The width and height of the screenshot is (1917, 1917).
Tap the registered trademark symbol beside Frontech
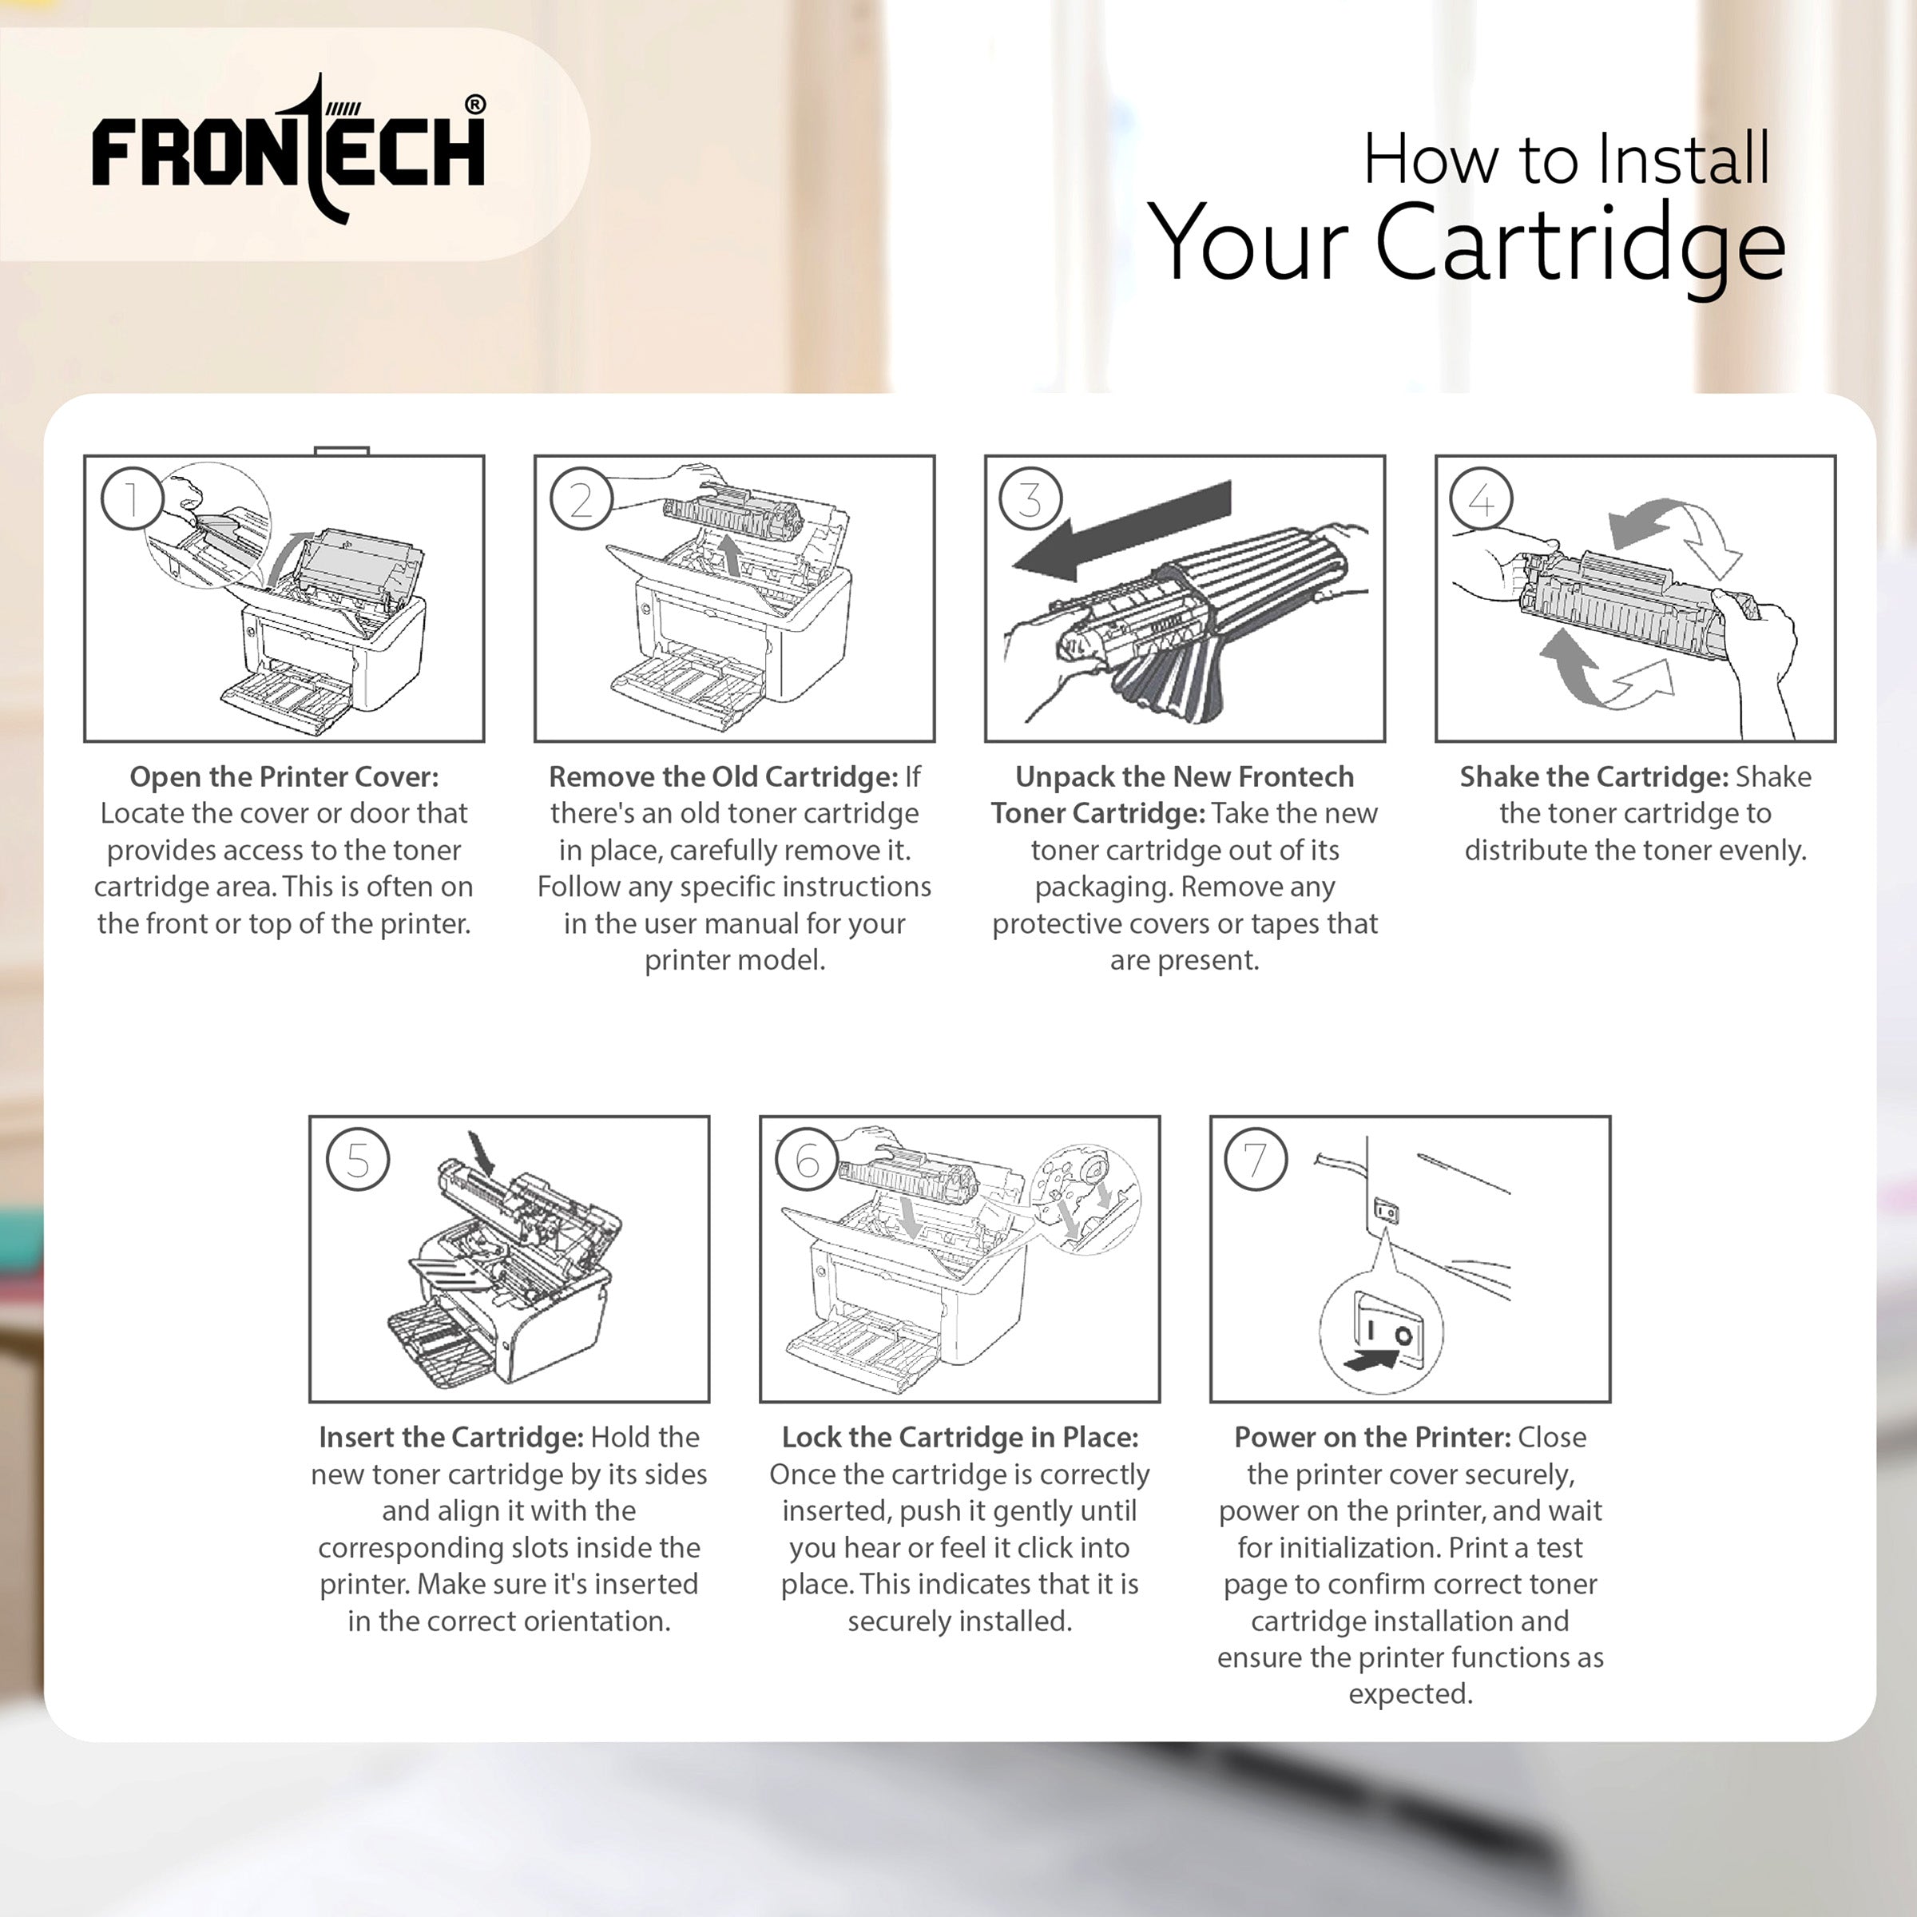[x=475, y=104]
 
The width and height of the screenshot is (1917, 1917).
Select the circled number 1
[x=131, y=498]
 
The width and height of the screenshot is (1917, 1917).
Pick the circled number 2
[x=581, y=498]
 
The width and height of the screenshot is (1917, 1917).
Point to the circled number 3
[x=1031, y=498]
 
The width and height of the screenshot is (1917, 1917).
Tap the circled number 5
[x=357, y=1159]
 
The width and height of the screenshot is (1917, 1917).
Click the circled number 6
[x=808, y=1159]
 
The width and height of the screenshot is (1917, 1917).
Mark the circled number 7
[x=1256, y=1159]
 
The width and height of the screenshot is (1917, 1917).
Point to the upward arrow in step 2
[x=732, y=554]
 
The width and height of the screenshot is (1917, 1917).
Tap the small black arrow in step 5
[x=484, y=1152]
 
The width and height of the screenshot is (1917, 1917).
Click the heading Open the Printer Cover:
[x=284, y=777]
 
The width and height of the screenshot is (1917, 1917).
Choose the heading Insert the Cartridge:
[x=450, y=1438]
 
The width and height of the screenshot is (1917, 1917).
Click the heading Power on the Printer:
[x=1372, y=1438]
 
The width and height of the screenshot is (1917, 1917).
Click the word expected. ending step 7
[x=1410, y=1693]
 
